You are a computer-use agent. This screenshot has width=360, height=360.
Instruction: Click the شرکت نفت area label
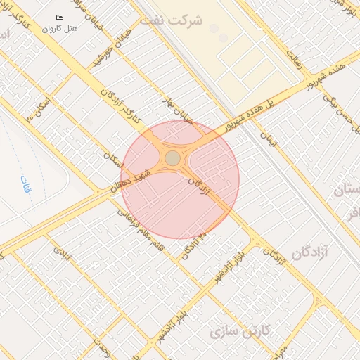pos(170,20)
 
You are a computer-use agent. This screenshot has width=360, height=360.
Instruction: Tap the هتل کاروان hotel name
pos(58,29)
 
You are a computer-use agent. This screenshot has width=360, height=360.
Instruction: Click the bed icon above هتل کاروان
pos(59,18)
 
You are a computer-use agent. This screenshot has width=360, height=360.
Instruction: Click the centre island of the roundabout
pos(172,158)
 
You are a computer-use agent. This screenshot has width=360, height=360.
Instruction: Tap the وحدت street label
pos(102,348)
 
